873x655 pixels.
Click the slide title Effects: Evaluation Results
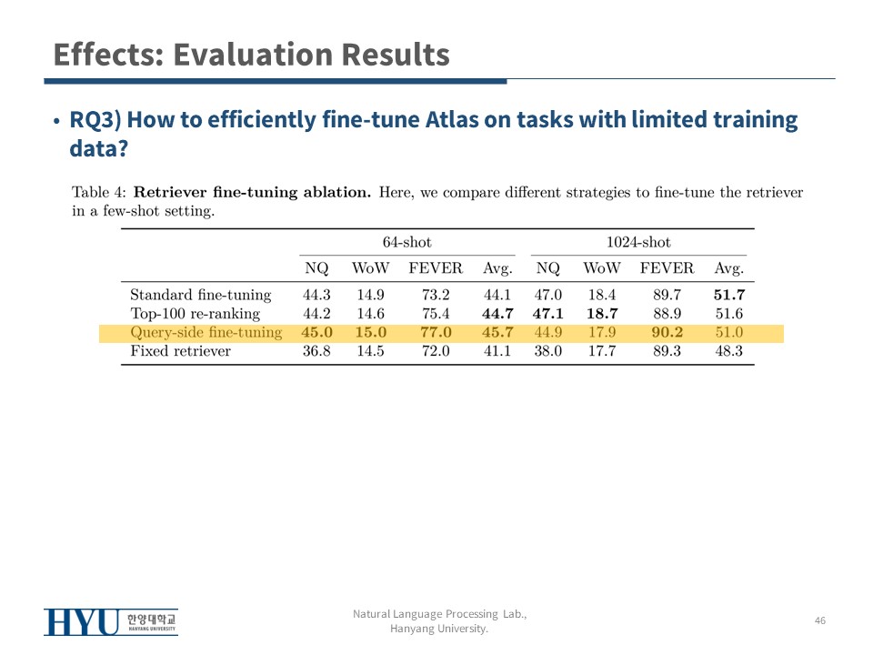(251, 55)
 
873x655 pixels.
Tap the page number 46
(820, 620)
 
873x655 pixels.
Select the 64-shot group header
(407, 242)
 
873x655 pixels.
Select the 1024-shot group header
(638, 242)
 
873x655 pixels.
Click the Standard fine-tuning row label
(200, 295)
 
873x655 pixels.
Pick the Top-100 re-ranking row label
(195, 314)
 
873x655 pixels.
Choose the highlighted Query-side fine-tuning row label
(206, 333)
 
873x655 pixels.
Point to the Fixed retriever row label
(180, 351)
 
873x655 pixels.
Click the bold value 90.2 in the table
(667, 333)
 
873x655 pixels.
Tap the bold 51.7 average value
(729, 295)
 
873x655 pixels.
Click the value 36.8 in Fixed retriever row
(316, 351)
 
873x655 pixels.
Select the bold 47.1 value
(547, 314)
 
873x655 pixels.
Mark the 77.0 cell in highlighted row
(436, 333)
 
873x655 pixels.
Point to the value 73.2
(436, 295)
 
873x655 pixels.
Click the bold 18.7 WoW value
(602, 314)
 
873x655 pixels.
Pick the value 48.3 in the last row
(729, 351)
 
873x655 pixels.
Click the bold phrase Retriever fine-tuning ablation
(252, 192)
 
